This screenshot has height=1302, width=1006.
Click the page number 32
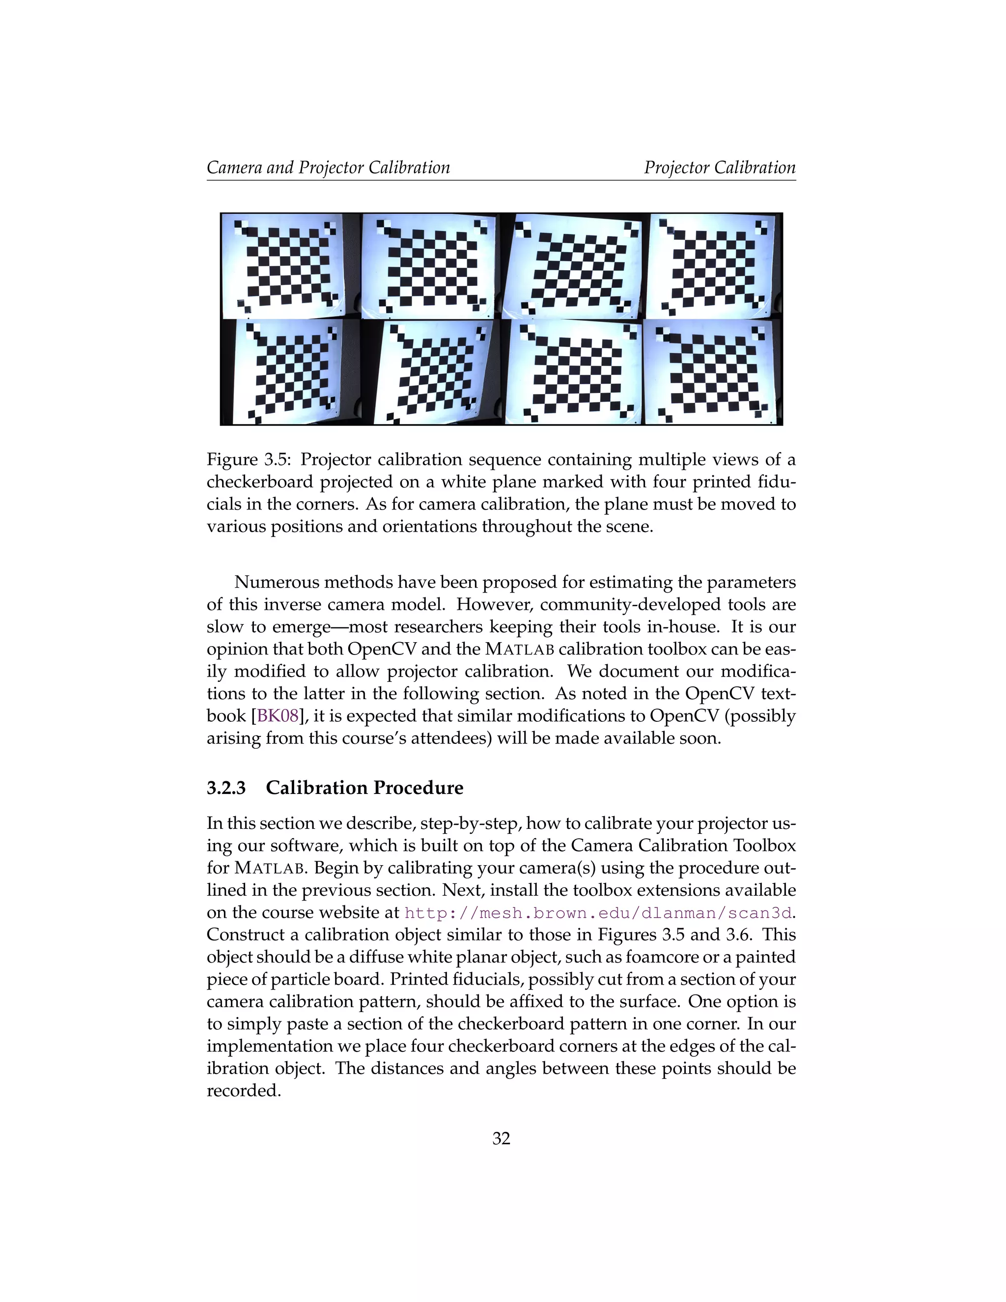click(x=501, y=1139)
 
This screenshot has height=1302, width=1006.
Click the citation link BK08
click(x=277, y=715)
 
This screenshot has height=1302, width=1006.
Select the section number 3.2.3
click(x=226, y=788)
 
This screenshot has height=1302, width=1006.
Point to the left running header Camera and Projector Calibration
click(x=328, y=168)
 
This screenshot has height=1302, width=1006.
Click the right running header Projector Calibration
click(x=719, y=168)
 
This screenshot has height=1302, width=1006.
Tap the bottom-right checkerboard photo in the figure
click(x=713, y=372)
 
